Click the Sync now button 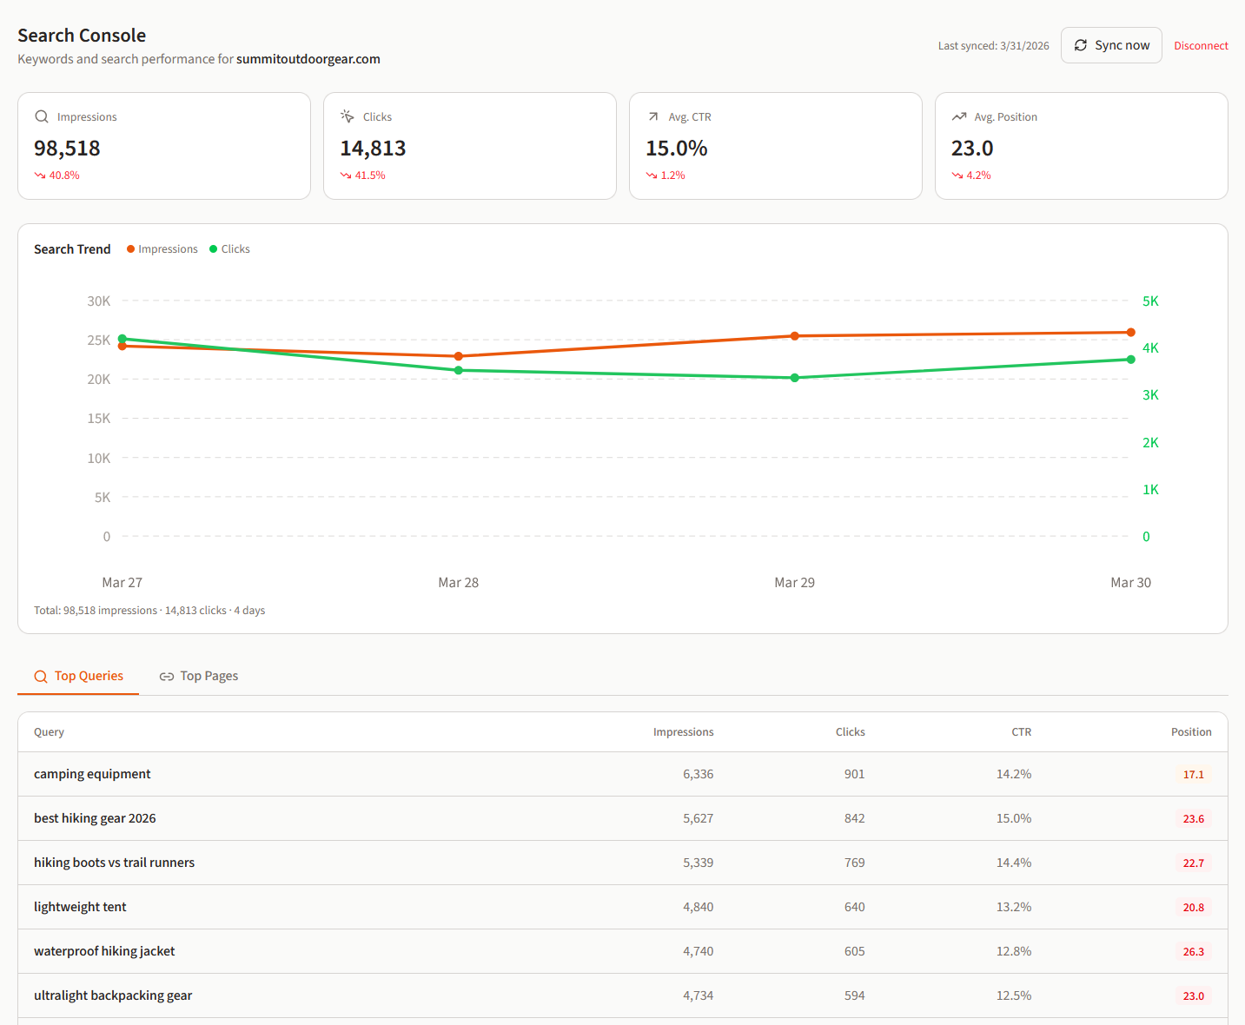pyautogui.click(x=1111, y=45)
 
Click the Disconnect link pyautogui.click(x=1201, y=46)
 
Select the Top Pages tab pyautogui.click(x=199, y=676)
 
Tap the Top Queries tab pyautogui.click(x=78, y=676)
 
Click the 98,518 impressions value pyautogui.click(x=67, y=149)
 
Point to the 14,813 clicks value pyautogui.click(x=373, y=149)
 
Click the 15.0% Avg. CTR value pyautogui.click(x=676, y=149)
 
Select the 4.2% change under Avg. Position pyautogui.click(x=977, y=175)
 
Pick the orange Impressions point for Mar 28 pyautogui.click(x=459, y=356)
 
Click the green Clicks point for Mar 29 pyautogui.click(x=795, y=378)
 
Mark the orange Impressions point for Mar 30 pyautogui.click(x=1130, y=332)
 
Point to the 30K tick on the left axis pyautogui.click(x=99, y=301)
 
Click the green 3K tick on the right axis pyautogui.click(x=1150, y=395)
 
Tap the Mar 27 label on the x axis pyautogui.click(x=122, y=583)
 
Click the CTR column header pyautogui.click(x=1021, y=732)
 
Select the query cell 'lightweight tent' pyautogui.click(x=80, y=907)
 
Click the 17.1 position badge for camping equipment pyautogui.click(x=1193, y=775)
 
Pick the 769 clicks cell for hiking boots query pyautogui.click(x=854, y=863)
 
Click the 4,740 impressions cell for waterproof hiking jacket pyautogui.click(x=698, y=951)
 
